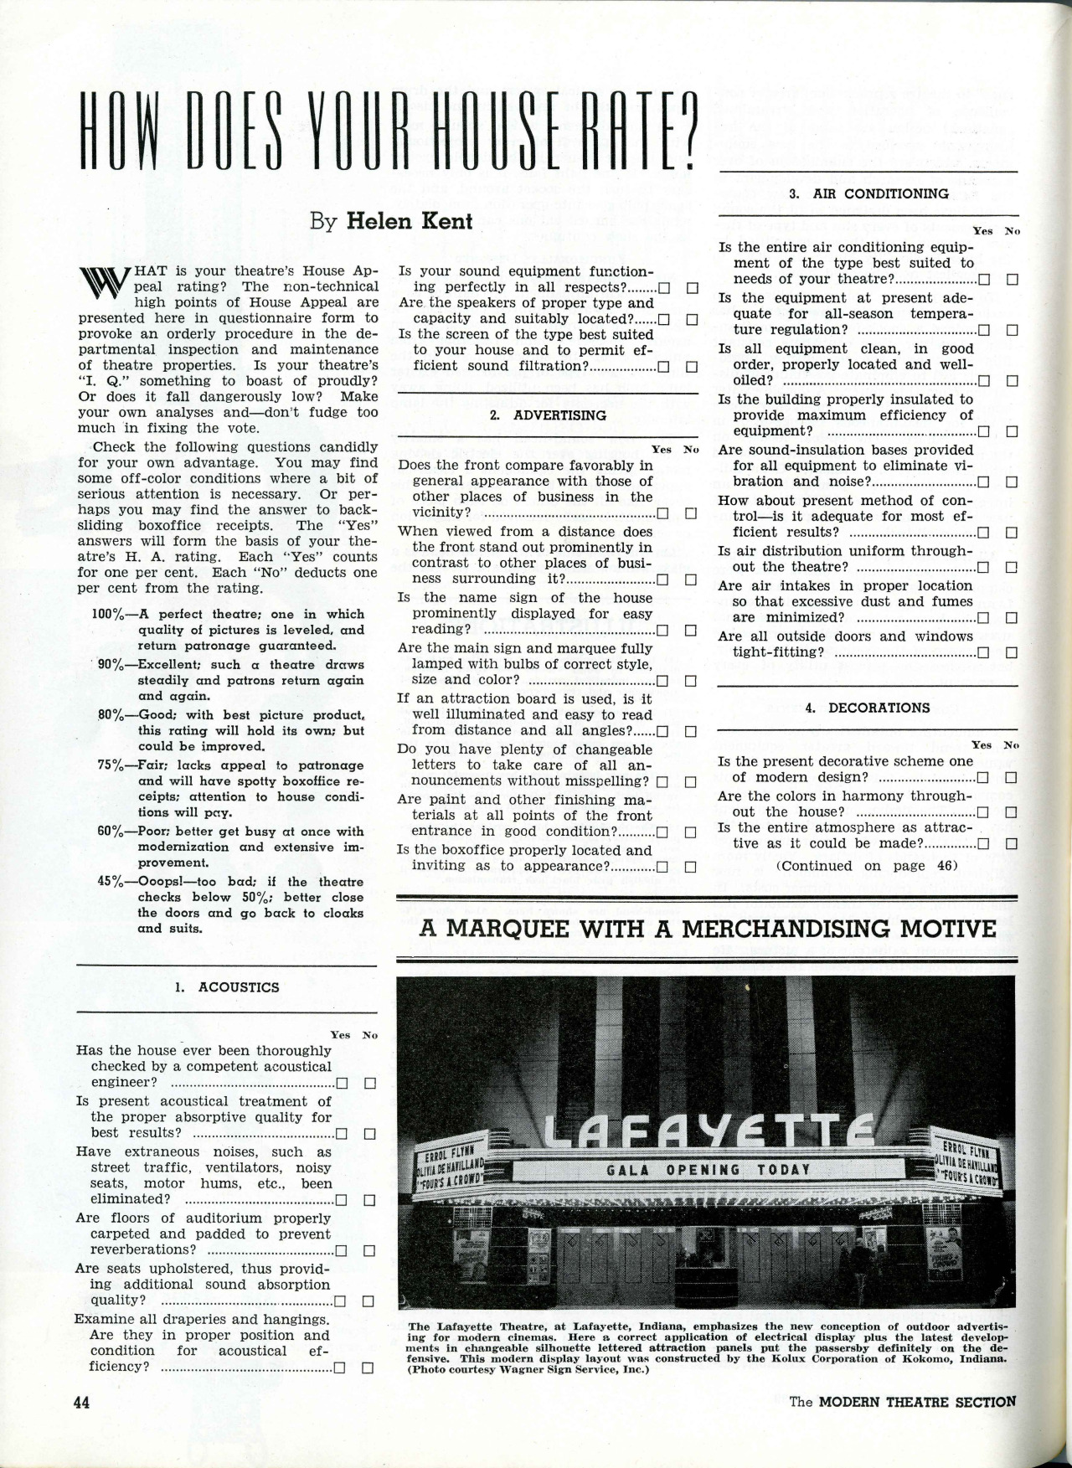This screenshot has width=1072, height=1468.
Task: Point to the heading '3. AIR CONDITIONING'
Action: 869,193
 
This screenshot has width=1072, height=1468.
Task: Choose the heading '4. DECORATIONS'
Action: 867,708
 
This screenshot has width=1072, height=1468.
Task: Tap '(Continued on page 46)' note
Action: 867,866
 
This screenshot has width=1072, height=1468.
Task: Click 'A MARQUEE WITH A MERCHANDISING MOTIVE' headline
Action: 708,929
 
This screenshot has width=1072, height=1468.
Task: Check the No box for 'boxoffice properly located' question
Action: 692,867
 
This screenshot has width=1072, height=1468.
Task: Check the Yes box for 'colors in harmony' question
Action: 984,812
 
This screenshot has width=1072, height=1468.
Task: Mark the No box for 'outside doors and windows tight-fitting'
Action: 1012,652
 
